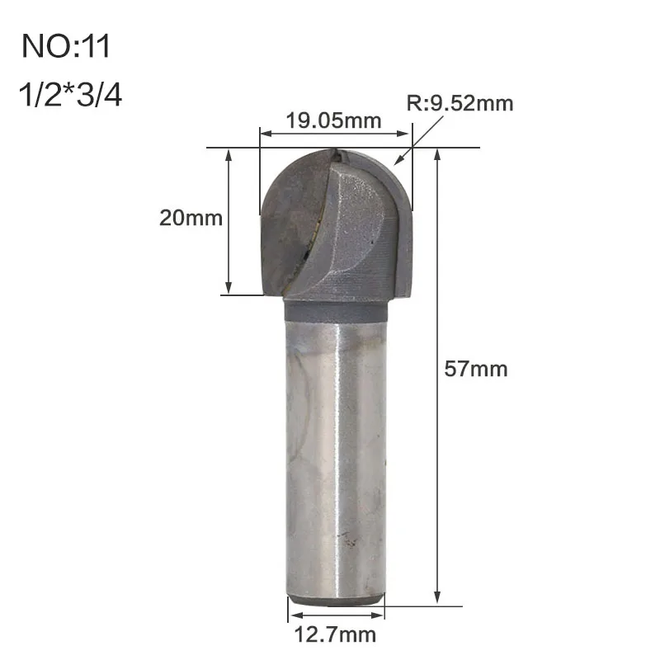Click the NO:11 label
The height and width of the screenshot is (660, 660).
pos(66,46)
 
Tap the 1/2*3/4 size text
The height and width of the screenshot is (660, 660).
pos(70,95)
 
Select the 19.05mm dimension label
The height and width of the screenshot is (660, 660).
pos(334,120)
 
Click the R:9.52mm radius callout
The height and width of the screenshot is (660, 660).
pos(460,104)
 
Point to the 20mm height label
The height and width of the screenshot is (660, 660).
pos(191,218)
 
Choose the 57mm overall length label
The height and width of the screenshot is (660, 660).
pos(476,369)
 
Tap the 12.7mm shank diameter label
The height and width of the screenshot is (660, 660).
pos(335,634)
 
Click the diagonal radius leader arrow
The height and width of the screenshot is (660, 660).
pos(418,140)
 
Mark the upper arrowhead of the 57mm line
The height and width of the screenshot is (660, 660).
pos(437,154)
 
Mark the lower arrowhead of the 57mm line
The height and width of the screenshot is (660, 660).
pos(437,597)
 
